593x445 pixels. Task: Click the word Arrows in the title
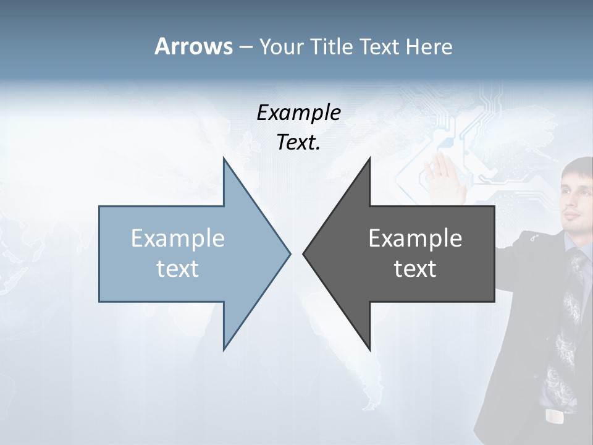[x=193, y=46]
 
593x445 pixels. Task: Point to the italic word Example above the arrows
[x=298, y=112]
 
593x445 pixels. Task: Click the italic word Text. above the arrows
[x=298, y=143]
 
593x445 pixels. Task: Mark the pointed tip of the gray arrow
[x=305, y=253]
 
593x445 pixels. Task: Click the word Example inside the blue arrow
[x=177, y=239]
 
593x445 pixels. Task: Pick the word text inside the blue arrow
[x=177, y=269]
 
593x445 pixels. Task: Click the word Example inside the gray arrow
[x=415, y=239]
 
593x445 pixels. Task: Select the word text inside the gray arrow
[x=415, y=269]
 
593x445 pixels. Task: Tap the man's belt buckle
[x=555, y=417]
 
